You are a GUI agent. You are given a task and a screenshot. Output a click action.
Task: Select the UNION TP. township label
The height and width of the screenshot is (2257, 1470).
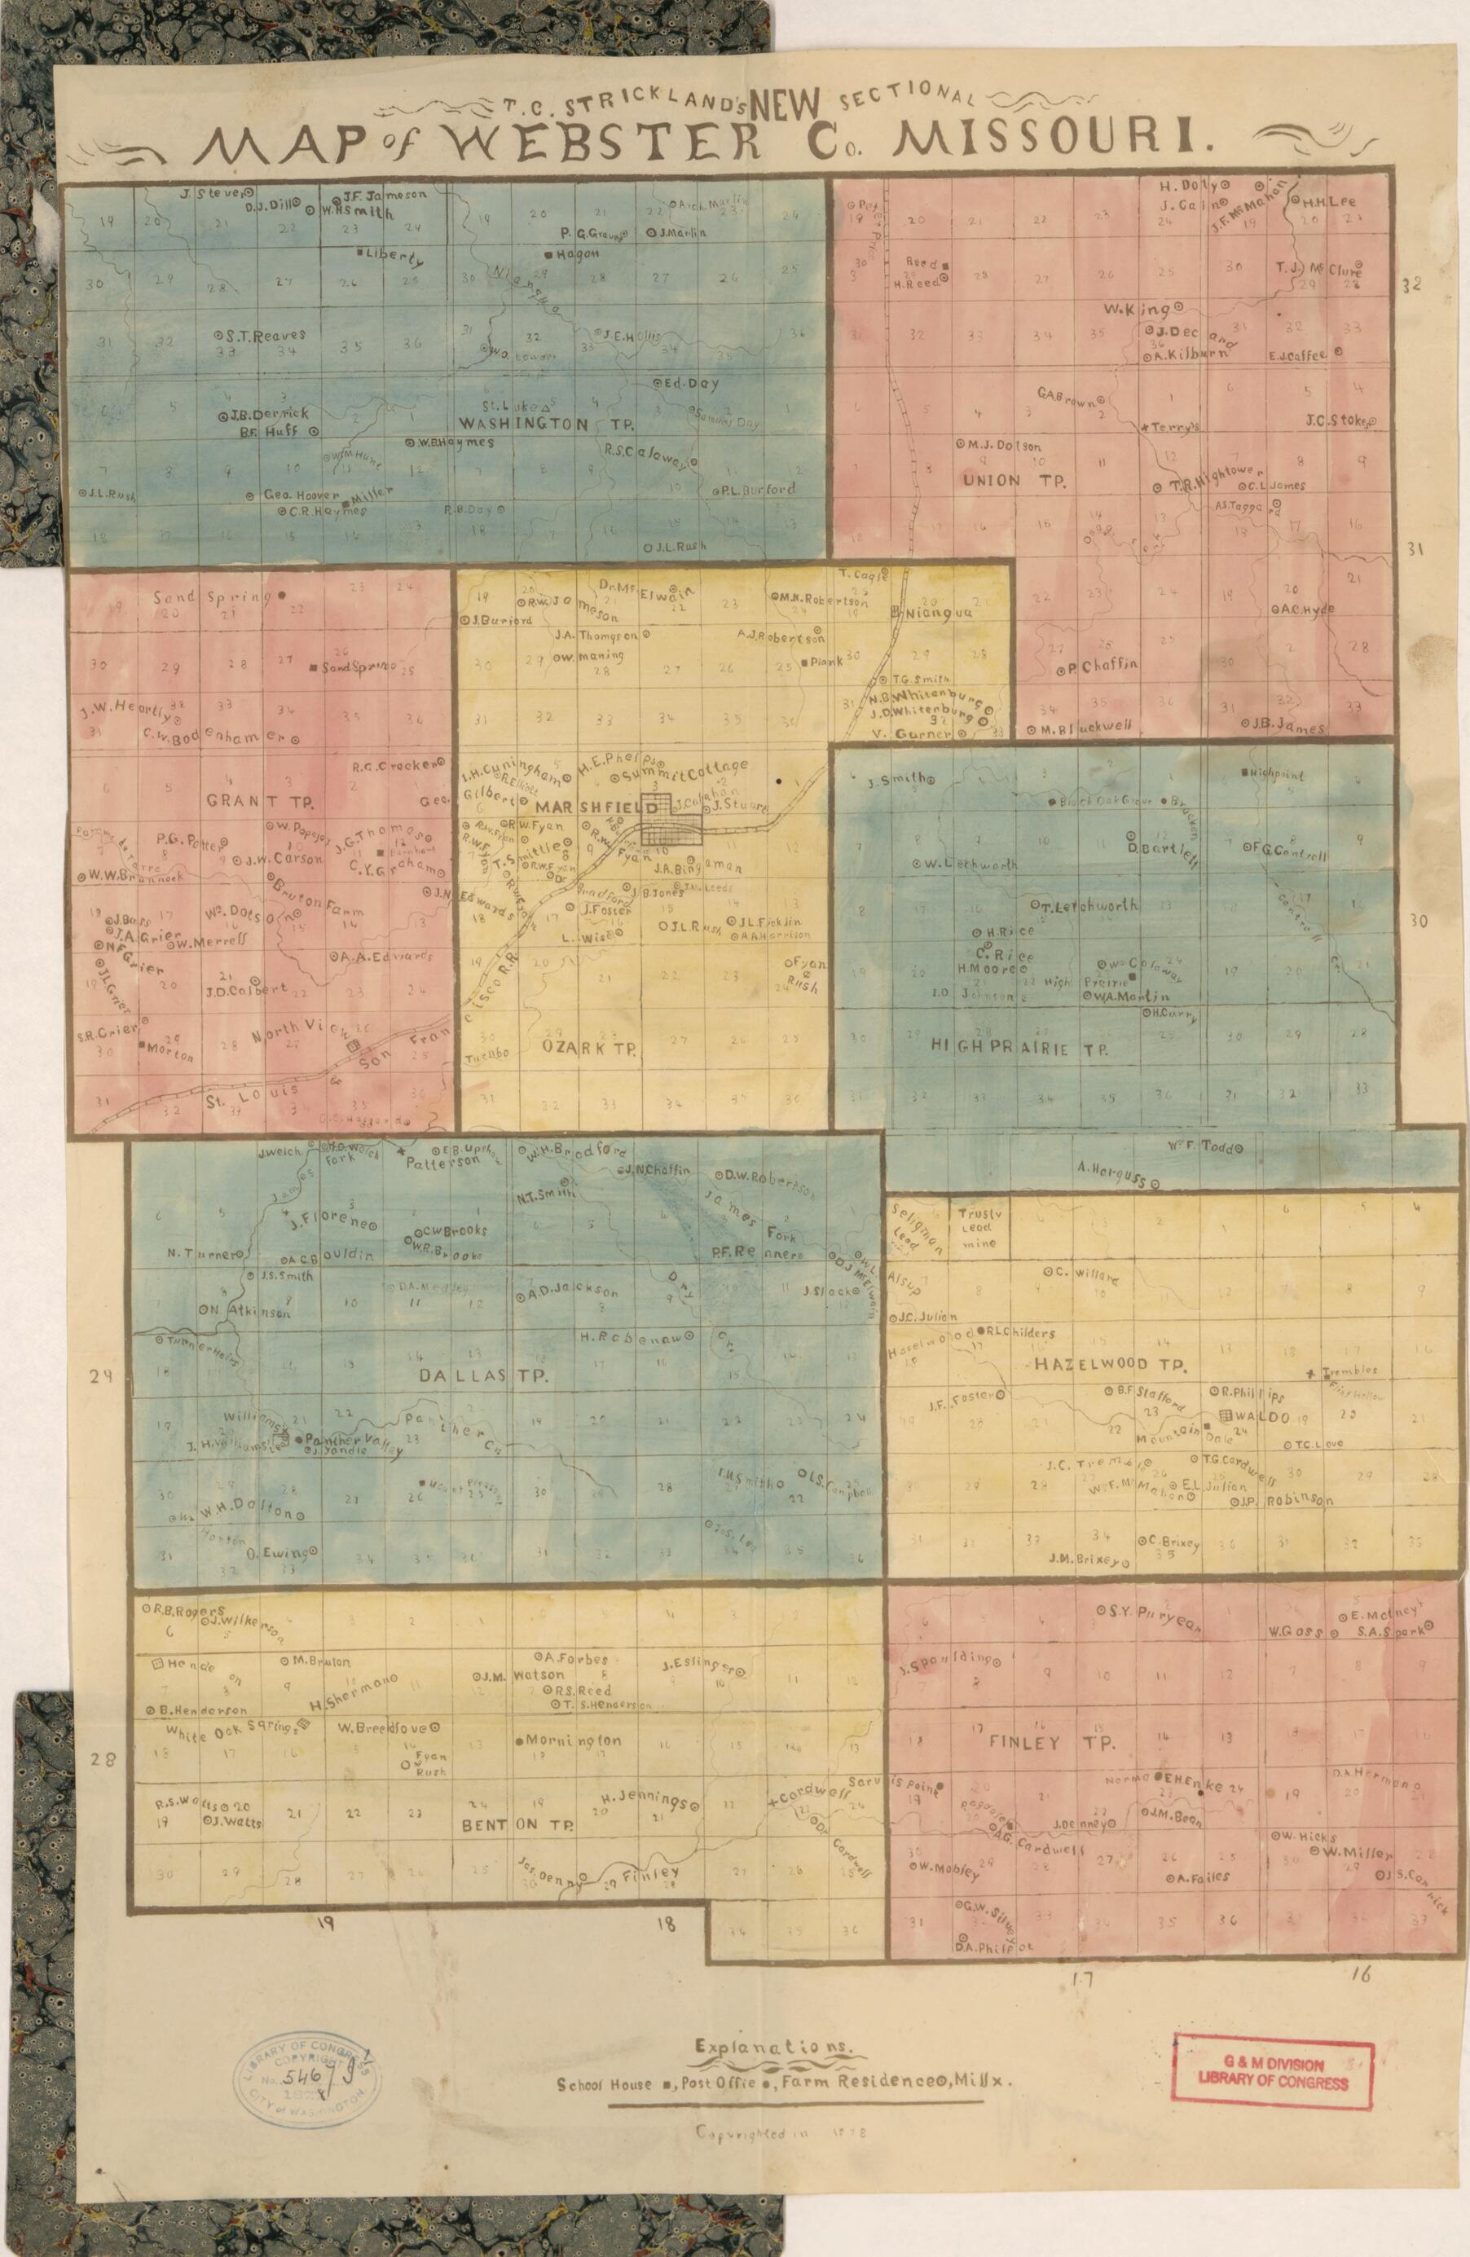point(1013,480)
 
